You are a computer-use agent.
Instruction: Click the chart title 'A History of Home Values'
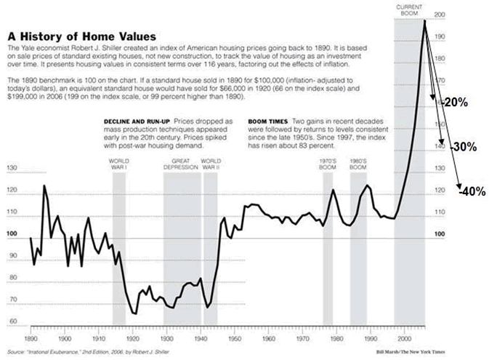pyautogui.click(x=84, y=35)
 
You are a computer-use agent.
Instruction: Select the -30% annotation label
pyautogui.click(x=463, y=146)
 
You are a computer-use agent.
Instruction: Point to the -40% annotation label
pyautogui.click(x=472, y=191)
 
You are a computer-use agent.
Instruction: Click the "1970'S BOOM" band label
pyautogui.click(x=328, y=163)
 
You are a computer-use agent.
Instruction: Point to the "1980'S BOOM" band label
pyautogui.click(x=359, y=163)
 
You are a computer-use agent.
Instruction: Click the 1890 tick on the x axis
pyautogui.click(x=31, y=339)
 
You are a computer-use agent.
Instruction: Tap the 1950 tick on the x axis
pyautogui.click(x=235, y=339)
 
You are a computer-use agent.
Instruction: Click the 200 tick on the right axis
pyautogui.click(x=438, y=15)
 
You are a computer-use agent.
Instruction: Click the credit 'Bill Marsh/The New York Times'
pyautogui.click(x=409, y=351)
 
